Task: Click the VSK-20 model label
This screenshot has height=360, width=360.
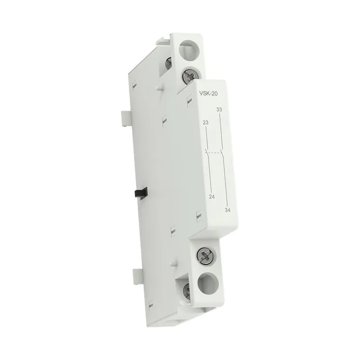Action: tap(208, 94)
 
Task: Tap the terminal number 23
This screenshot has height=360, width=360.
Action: tap(206, 122)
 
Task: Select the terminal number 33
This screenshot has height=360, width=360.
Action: tap(219, 110)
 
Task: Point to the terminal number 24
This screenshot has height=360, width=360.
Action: tap(211, 197)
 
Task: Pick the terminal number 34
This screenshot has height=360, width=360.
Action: tap(227, 210)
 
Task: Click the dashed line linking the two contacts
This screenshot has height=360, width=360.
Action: tap(215, 152)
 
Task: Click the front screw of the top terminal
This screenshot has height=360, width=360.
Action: tap(190, 75)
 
